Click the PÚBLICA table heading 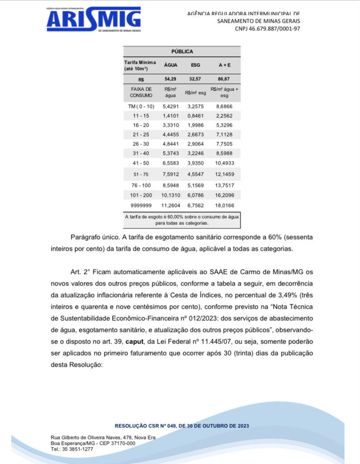click(x=182, y=52)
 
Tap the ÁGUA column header click(x=171, y=65)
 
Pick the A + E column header click(x=224, y=65)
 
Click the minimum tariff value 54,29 click(x=171, y=79)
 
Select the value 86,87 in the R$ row click(x=224, y=79)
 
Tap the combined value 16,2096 click(x=224, y=195)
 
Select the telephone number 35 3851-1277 click(x=78, y=449)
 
